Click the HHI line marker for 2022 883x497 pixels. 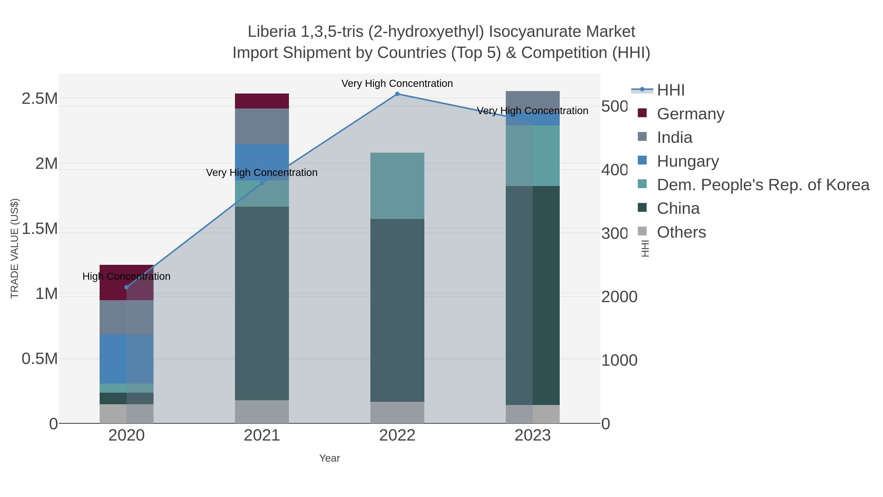397,94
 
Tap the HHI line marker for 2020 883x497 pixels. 127,287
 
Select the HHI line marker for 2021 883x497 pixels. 262,183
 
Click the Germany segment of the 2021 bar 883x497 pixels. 262,101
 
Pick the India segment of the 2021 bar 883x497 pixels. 262,126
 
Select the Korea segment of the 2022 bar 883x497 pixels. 397,186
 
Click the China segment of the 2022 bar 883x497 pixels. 397,310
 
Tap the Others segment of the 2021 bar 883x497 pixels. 262,412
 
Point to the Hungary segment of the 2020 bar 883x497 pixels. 127,359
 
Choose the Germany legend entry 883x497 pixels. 690,114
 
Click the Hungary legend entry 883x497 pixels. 688,161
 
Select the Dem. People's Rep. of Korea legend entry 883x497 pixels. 763,185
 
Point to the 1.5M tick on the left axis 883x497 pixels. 40,229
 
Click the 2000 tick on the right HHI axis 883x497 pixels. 619,297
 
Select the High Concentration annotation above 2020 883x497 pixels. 127,276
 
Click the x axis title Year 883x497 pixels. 329,458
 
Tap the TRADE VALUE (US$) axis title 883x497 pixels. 15,248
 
